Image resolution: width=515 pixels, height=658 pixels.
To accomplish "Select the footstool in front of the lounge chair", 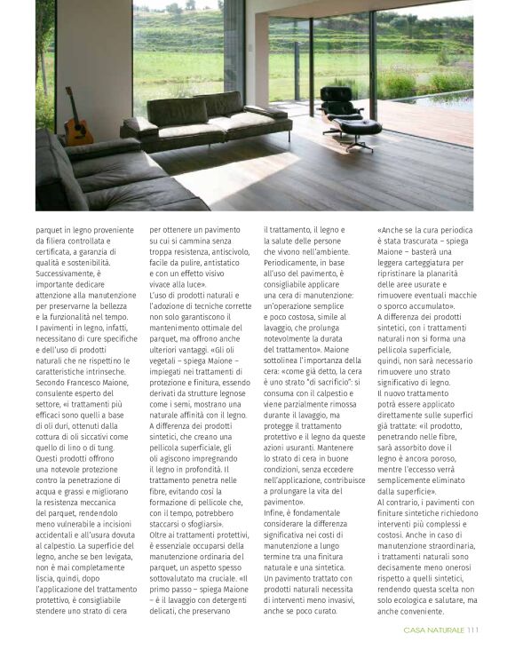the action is [360, 131].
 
